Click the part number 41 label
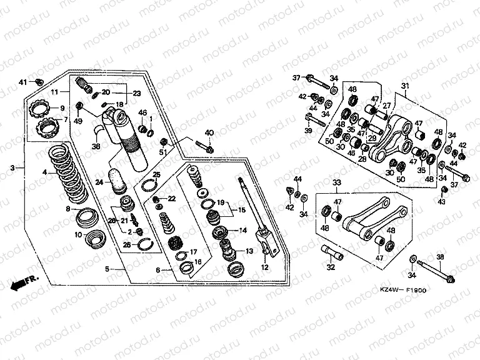tap(22, 82)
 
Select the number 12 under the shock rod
tap(264, 267)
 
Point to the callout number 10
tap(79, 235)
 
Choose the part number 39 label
tap(308, 130)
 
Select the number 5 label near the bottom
tap(107, 269)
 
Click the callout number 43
tap(442, 202)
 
